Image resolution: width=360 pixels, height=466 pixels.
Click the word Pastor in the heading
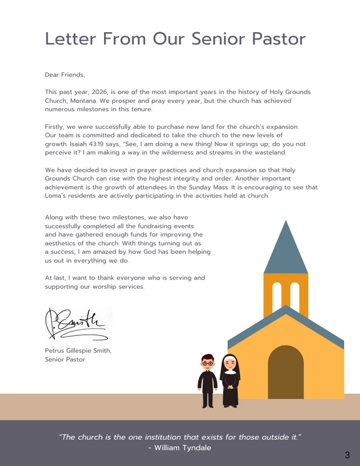tap(278, 39)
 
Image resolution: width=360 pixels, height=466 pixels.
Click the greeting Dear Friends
tap(65, 74)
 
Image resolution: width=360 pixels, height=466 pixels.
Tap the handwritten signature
tap(76, 324)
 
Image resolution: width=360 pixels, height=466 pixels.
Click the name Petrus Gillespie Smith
tap(78, 351)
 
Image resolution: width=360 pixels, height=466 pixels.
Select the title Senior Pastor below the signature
tap(65, 359)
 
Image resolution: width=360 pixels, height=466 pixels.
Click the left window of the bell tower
tap(277, 295)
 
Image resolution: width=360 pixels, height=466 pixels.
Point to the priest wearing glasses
tap(208, 380)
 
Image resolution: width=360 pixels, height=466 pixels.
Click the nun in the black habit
tap(229, 380)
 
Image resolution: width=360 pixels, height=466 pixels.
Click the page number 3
tap(347, 455)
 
